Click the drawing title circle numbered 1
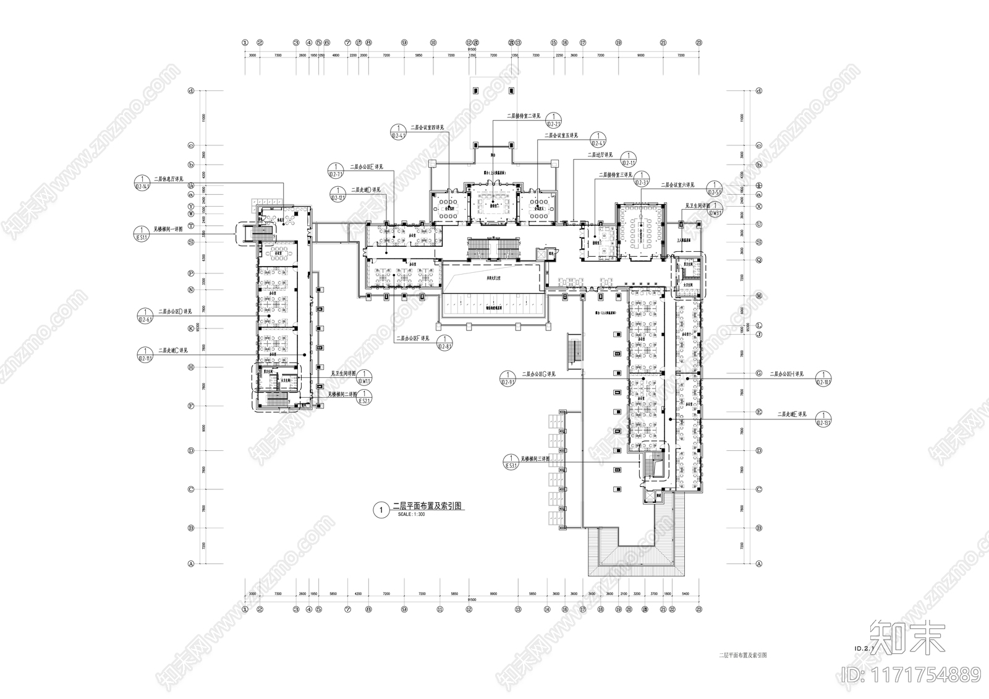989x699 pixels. pyautogui.click(x=381, y=510)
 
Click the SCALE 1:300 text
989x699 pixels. pyautogui.click(x=412, y=515)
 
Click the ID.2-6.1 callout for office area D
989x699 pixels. pyautogui.click(x=145, y=315)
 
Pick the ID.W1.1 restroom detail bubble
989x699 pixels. pyautogui.click(x=366, y=377)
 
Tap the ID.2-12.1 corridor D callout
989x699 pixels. pyautogui.click(x=337, y=194)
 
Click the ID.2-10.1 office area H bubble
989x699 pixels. pyautogui.click(x=824, y=379)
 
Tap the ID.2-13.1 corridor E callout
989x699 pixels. pyautogui.click(x=824, y=419)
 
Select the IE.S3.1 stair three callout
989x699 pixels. pyautogui.click(x=511, y=462)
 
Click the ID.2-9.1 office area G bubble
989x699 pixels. pyautogui.click(x=508, y=379)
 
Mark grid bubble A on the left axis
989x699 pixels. pyautogui.click(x=191, y=564)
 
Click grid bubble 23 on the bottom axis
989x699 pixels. pyautogui.click(x=699, y=609)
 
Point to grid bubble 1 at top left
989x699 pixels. pyautogui.click(x=245, y=43)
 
